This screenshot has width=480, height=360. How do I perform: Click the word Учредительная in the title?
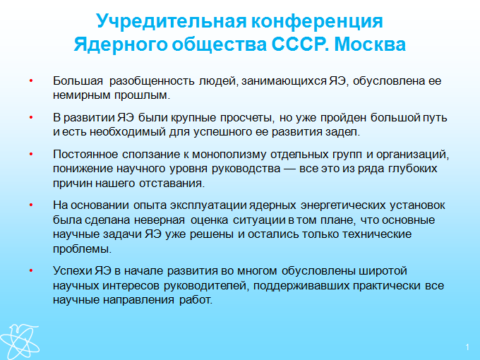tap(172, 21)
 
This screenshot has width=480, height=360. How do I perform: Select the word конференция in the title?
tap(317, 21)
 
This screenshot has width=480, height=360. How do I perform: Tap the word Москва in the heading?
tap(370, 44)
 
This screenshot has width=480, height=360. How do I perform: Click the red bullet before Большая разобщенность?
tap(31, 80)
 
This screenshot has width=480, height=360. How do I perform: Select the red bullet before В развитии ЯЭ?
tap(31, 117)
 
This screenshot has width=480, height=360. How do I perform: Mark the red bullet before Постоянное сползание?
tap(31, 154)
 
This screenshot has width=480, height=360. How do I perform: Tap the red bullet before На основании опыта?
tap(31, 205)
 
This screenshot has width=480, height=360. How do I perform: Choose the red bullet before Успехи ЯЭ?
tap(31, 271)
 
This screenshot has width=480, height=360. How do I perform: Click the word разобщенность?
tap(152, 81)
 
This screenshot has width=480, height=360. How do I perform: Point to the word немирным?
tap(81, 95)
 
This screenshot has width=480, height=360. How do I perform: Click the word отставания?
tap(172, 184)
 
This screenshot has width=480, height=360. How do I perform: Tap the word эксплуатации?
tap(208, 205)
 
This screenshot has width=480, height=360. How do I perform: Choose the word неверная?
tap(160, 220)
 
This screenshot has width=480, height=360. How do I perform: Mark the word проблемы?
tap(82, 249)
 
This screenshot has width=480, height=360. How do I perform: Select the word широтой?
tap(383, 271)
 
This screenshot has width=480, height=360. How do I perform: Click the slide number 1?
tap(467, 347)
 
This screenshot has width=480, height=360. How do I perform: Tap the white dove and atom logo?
tap(20, 342)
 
